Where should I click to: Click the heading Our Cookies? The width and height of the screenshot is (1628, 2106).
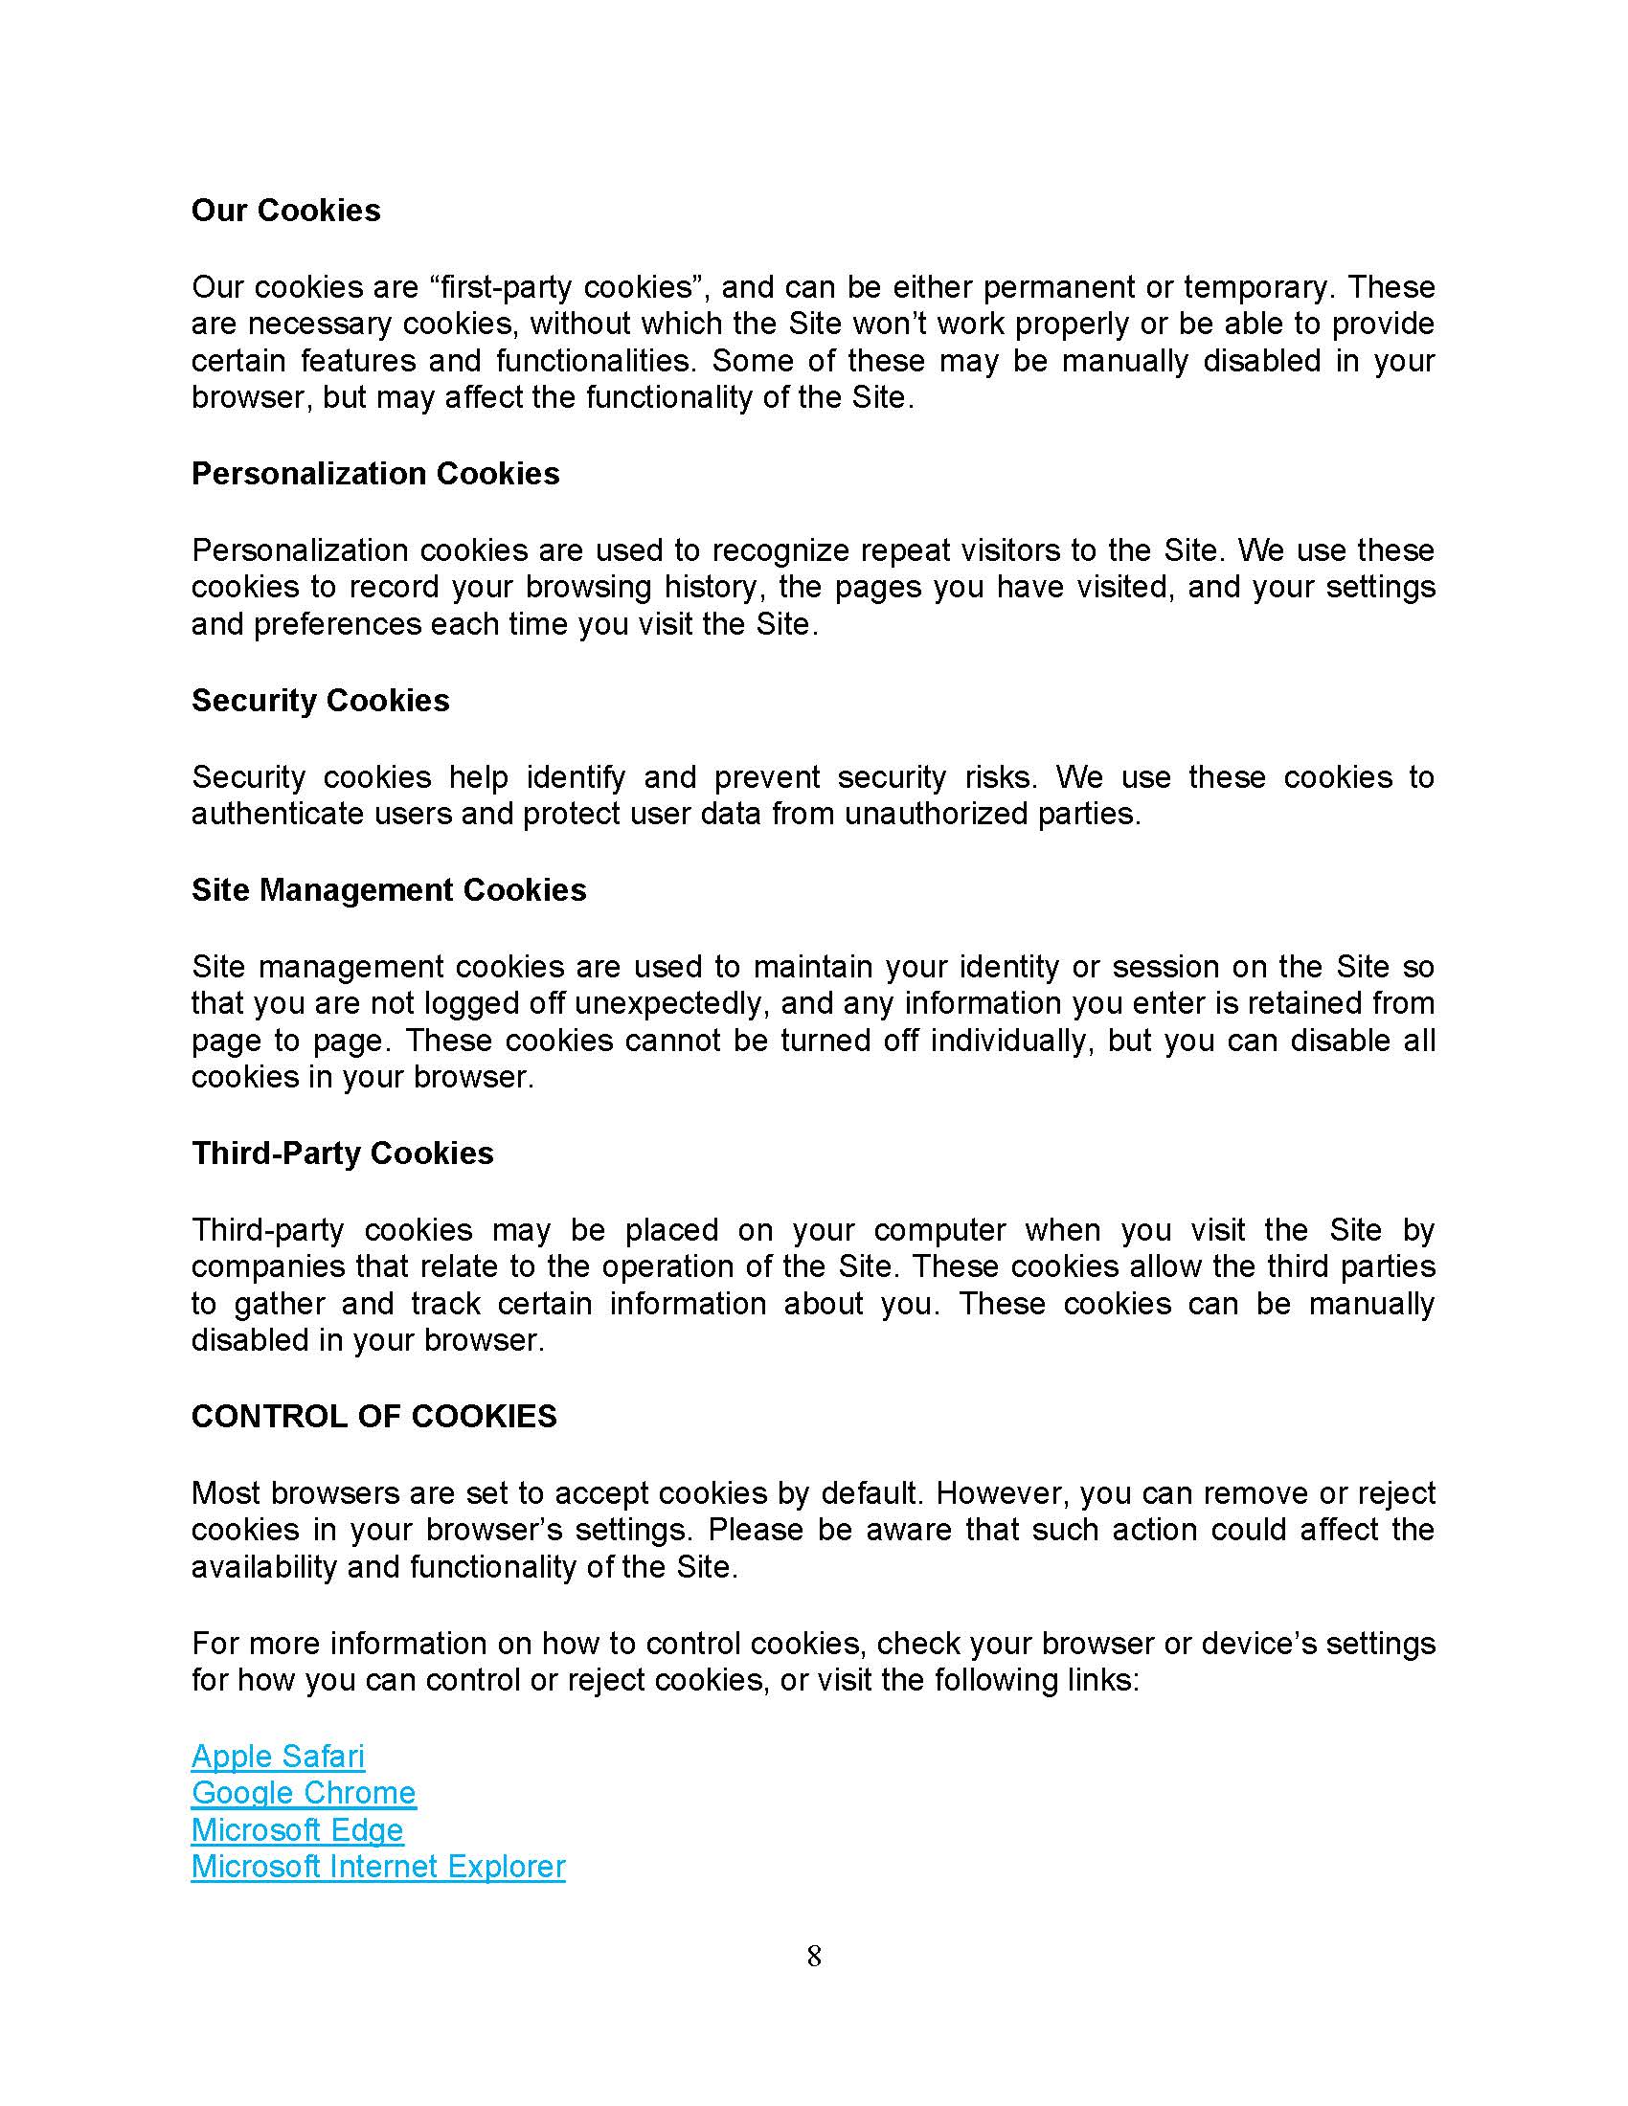[285, 211]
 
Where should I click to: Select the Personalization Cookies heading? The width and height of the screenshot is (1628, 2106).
[375, 474]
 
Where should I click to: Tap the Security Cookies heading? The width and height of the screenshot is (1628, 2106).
[320, 700]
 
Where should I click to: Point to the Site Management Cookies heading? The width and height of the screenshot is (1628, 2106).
[389, 889]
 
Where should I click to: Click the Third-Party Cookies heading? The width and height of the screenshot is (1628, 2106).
[343, 1153]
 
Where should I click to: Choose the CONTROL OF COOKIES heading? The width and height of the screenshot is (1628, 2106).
[374, 1416]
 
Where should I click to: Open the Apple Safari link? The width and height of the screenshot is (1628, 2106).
[278, 1756]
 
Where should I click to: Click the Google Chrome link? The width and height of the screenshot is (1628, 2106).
[304, 1793]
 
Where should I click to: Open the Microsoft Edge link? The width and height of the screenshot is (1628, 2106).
[297, 1829]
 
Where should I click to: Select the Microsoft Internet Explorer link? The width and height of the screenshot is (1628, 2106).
[378, 1866]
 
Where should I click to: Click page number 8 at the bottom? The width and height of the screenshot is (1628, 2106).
[814, 1957]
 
